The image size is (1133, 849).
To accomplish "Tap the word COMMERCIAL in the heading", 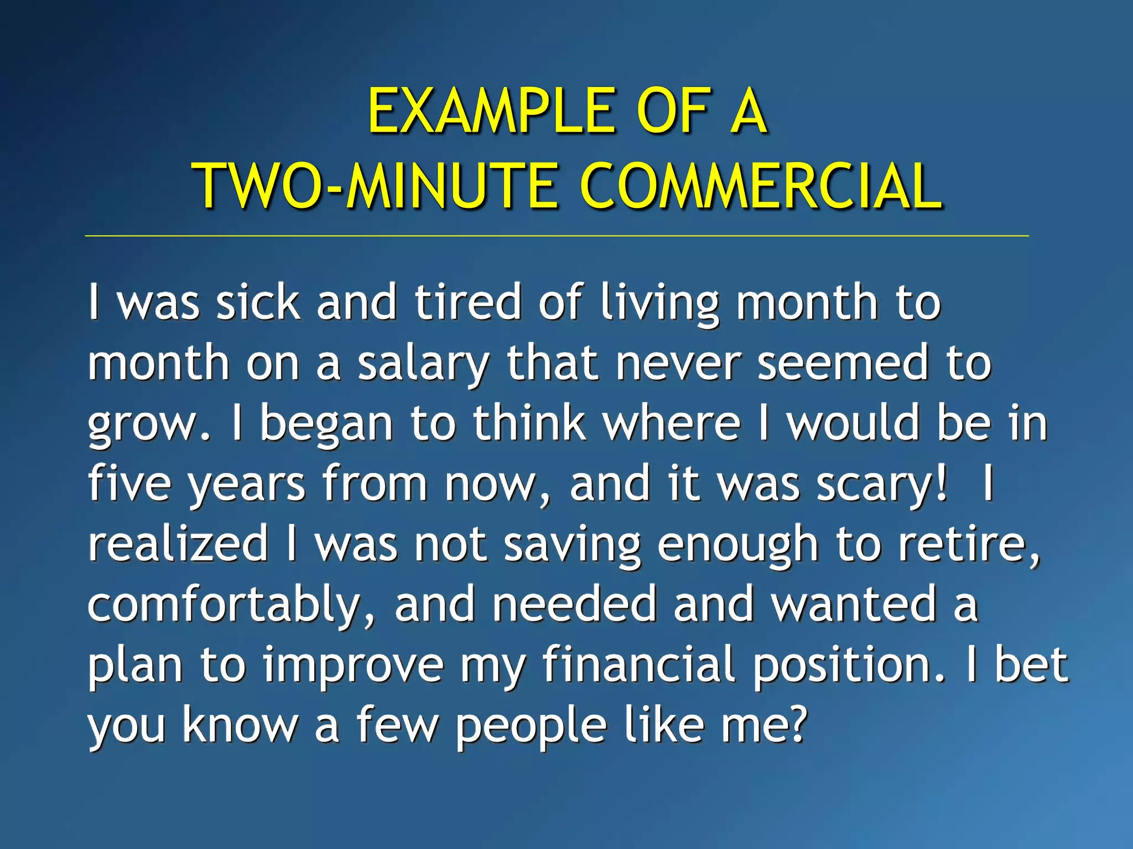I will click(761, 187).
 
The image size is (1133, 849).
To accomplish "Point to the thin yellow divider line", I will click(556, 236).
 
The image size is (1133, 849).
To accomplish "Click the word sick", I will click(258, 302).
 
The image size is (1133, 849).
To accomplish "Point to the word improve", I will click(354, 665).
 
